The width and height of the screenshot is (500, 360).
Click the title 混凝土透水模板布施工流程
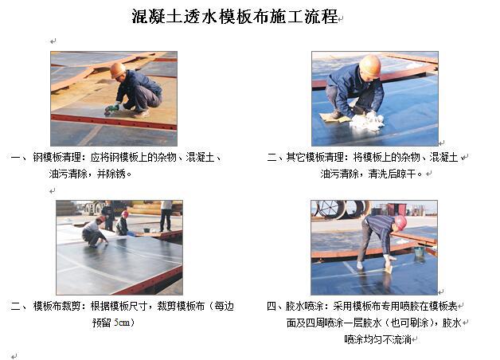tap(235, 16)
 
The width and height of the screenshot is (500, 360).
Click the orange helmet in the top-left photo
tap(117, 70)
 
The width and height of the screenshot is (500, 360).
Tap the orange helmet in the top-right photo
tap(370, 65)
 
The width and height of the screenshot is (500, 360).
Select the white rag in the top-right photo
tap(368, 122)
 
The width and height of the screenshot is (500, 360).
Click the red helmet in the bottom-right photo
tap(400, 222)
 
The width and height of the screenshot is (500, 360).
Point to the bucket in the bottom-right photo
tap(420, 252)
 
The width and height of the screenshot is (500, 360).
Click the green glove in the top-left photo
tap(111, 109)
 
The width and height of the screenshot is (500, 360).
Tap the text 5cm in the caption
tap(122, 323)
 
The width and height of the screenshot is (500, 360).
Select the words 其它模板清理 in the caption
tap(315, 157)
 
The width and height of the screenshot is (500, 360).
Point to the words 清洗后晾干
tap(393, 174)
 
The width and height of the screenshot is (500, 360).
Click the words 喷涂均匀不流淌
tap(377, 339)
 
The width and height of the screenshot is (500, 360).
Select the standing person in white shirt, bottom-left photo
tap(166, 216)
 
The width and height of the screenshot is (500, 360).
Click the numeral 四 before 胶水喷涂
tap(271, 306)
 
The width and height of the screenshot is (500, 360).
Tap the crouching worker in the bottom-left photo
tap(94, 232)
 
